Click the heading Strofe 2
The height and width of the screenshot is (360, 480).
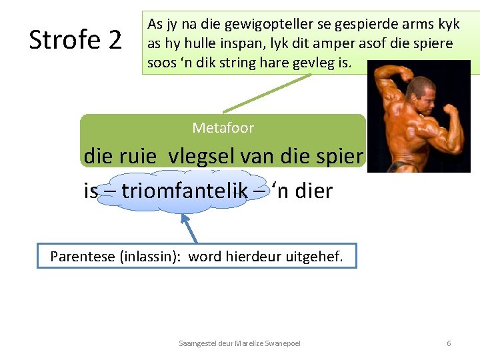tap(75, 41)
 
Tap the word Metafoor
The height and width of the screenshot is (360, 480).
tap(223, 127)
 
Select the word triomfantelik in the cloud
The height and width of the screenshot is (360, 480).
tap(182, 192)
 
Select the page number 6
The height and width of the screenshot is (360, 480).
tap(449, 343)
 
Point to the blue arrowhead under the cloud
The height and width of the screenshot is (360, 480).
tap(185, 217)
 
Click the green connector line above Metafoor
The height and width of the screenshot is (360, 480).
tap(267, 93)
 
